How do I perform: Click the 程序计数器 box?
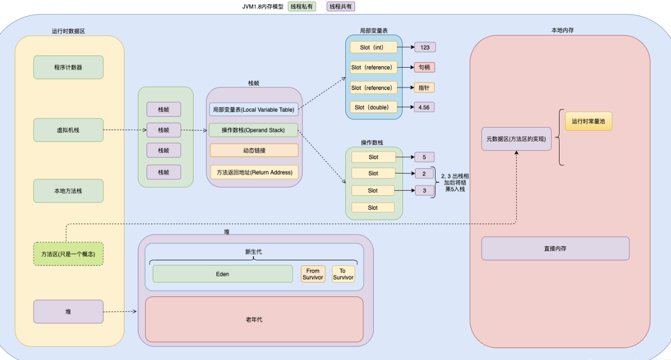[x=68, y=67]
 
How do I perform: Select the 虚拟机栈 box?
[x=68, y=130]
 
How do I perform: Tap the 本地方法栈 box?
[x=68, y=191]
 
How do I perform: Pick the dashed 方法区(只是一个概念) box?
[x=68, y=254]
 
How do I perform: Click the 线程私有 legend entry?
[x=302, y=7]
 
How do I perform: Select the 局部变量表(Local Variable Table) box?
[x=253, y=109]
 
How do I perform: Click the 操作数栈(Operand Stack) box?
[x=253, y=130]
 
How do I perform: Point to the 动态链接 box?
[x=254, y=150]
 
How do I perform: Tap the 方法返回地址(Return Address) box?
[x=254, y=172]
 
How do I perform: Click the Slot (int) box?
[x=374, y=47]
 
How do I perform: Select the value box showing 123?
[x=425, y=47]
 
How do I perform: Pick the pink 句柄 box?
[x=424, y=67]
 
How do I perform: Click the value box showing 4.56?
[x=425, y=107]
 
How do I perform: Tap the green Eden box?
[x=222, y=274]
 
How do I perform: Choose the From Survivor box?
[x=313, y=274]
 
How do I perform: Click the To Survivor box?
[x=343, y=274]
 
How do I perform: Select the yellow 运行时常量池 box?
[x=588, y=121]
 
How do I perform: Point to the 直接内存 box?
[x=555, y=248]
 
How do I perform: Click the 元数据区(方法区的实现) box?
[x=516, y=139]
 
